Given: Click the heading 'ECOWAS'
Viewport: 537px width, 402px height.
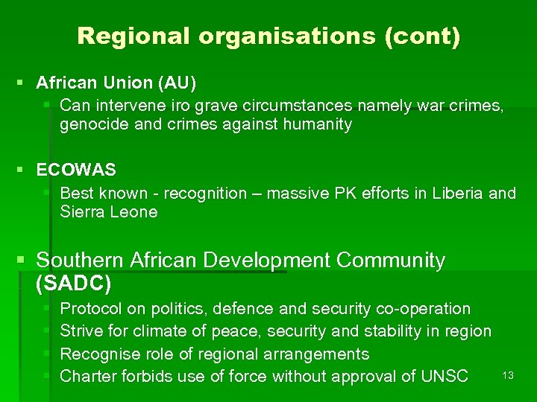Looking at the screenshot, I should (76, 170).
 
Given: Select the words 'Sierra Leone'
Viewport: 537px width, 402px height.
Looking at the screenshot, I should (109, 212).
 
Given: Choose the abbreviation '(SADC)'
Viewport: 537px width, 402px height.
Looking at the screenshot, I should (74, 284).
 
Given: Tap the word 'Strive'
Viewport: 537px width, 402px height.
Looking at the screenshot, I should (81, 331).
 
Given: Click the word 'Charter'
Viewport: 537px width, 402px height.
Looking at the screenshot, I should (87, 376).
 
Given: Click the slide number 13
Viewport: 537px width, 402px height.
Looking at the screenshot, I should (508, 376).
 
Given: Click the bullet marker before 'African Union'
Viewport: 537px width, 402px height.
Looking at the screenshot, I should (25, 81).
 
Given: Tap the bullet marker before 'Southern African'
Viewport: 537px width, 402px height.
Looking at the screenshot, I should (25, 261).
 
